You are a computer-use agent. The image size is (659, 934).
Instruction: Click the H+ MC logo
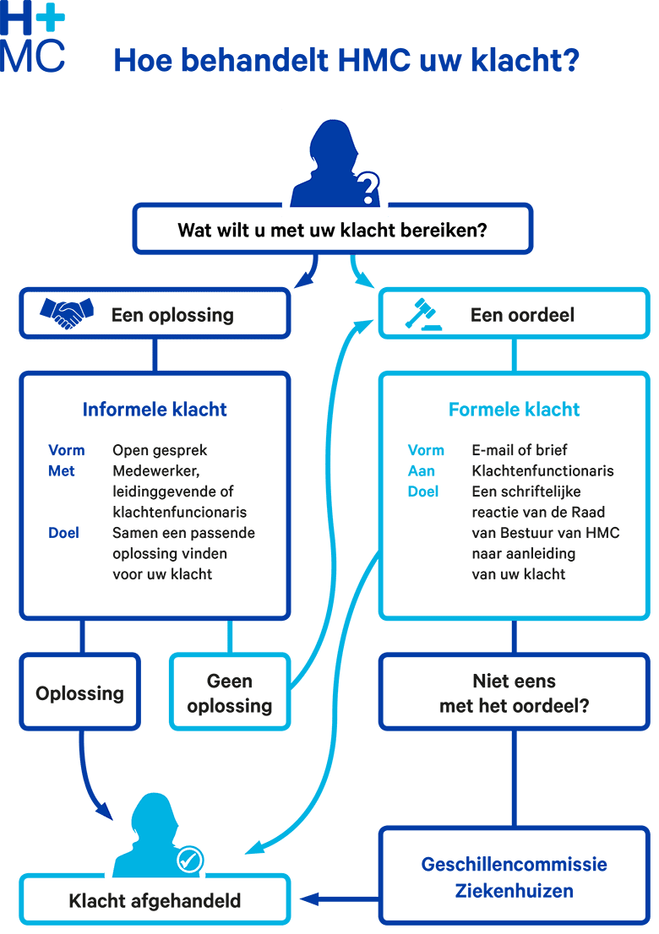pos(33,37)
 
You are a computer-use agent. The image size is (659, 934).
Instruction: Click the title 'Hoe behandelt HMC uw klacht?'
pos(346,62)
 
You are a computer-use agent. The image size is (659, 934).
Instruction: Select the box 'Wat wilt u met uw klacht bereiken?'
pos(332,230)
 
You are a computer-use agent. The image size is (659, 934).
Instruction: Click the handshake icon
pos(66,315)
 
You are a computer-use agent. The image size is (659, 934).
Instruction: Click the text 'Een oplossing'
pos(172,315)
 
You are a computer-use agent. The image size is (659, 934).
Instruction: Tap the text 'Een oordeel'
pos(522,315)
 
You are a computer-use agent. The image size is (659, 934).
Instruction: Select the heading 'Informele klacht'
pos(155,410)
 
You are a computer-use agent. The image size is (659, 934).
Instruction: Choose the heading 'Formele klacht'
pos(514,410)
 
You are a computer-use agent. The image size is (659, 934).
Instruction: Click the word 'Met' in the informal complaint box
pos(62,470)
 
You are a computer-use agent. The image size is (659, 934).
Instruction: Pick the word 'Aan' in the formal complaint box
pos(422,470)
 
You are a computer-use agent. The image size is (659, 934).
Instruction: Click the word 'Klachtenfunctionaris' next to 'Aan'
pos(542,470)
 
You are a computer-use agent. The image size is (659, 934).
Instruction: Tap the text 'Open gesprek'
pos(160,450)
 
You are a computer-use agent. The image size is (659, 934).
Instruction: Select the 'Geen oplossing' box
pos(230,693)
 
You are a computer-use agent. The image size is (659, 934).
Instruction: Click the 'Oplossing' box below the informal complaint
pos(79,693)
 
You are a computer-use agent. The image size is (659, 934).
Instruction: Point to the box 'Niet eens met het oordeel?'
pos(514,693)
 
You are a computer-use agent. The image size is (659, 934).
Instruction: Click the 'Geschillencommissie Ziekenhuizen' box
pos(514,877)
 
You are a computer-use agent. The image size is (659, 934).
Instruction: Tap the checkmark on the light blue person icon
pos(189,860)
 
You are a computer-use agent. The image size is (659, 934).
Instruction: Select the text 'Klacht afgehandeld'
pos(155,901)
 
